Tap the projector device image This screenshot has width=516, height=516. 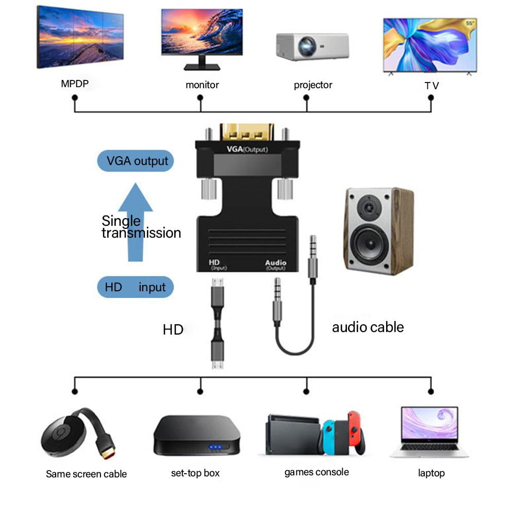point(312,46)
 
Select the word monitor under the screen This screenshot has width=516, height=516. point(202,85)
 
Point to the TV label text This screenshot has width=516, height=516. point(431,86)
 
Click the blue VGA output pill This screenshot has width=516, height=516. point(136,161)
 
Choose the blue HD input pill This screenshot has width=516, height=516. point(136,287)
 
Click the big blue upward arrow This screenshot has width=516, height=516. point(135,222)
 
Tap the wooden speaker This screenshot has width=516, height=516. point(378,230)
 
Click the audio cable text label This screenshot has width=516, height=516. point(368,327)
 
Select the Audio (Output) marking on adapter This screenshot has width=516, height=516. point(275,265)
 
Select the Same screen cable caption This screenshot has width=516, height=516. point(86,474)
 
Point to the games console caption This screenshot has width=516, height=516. point(317,472)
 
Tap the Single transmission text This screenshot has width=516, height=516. point(141,227)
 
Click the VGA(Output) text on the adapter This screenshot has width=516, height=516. point(247,149)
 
